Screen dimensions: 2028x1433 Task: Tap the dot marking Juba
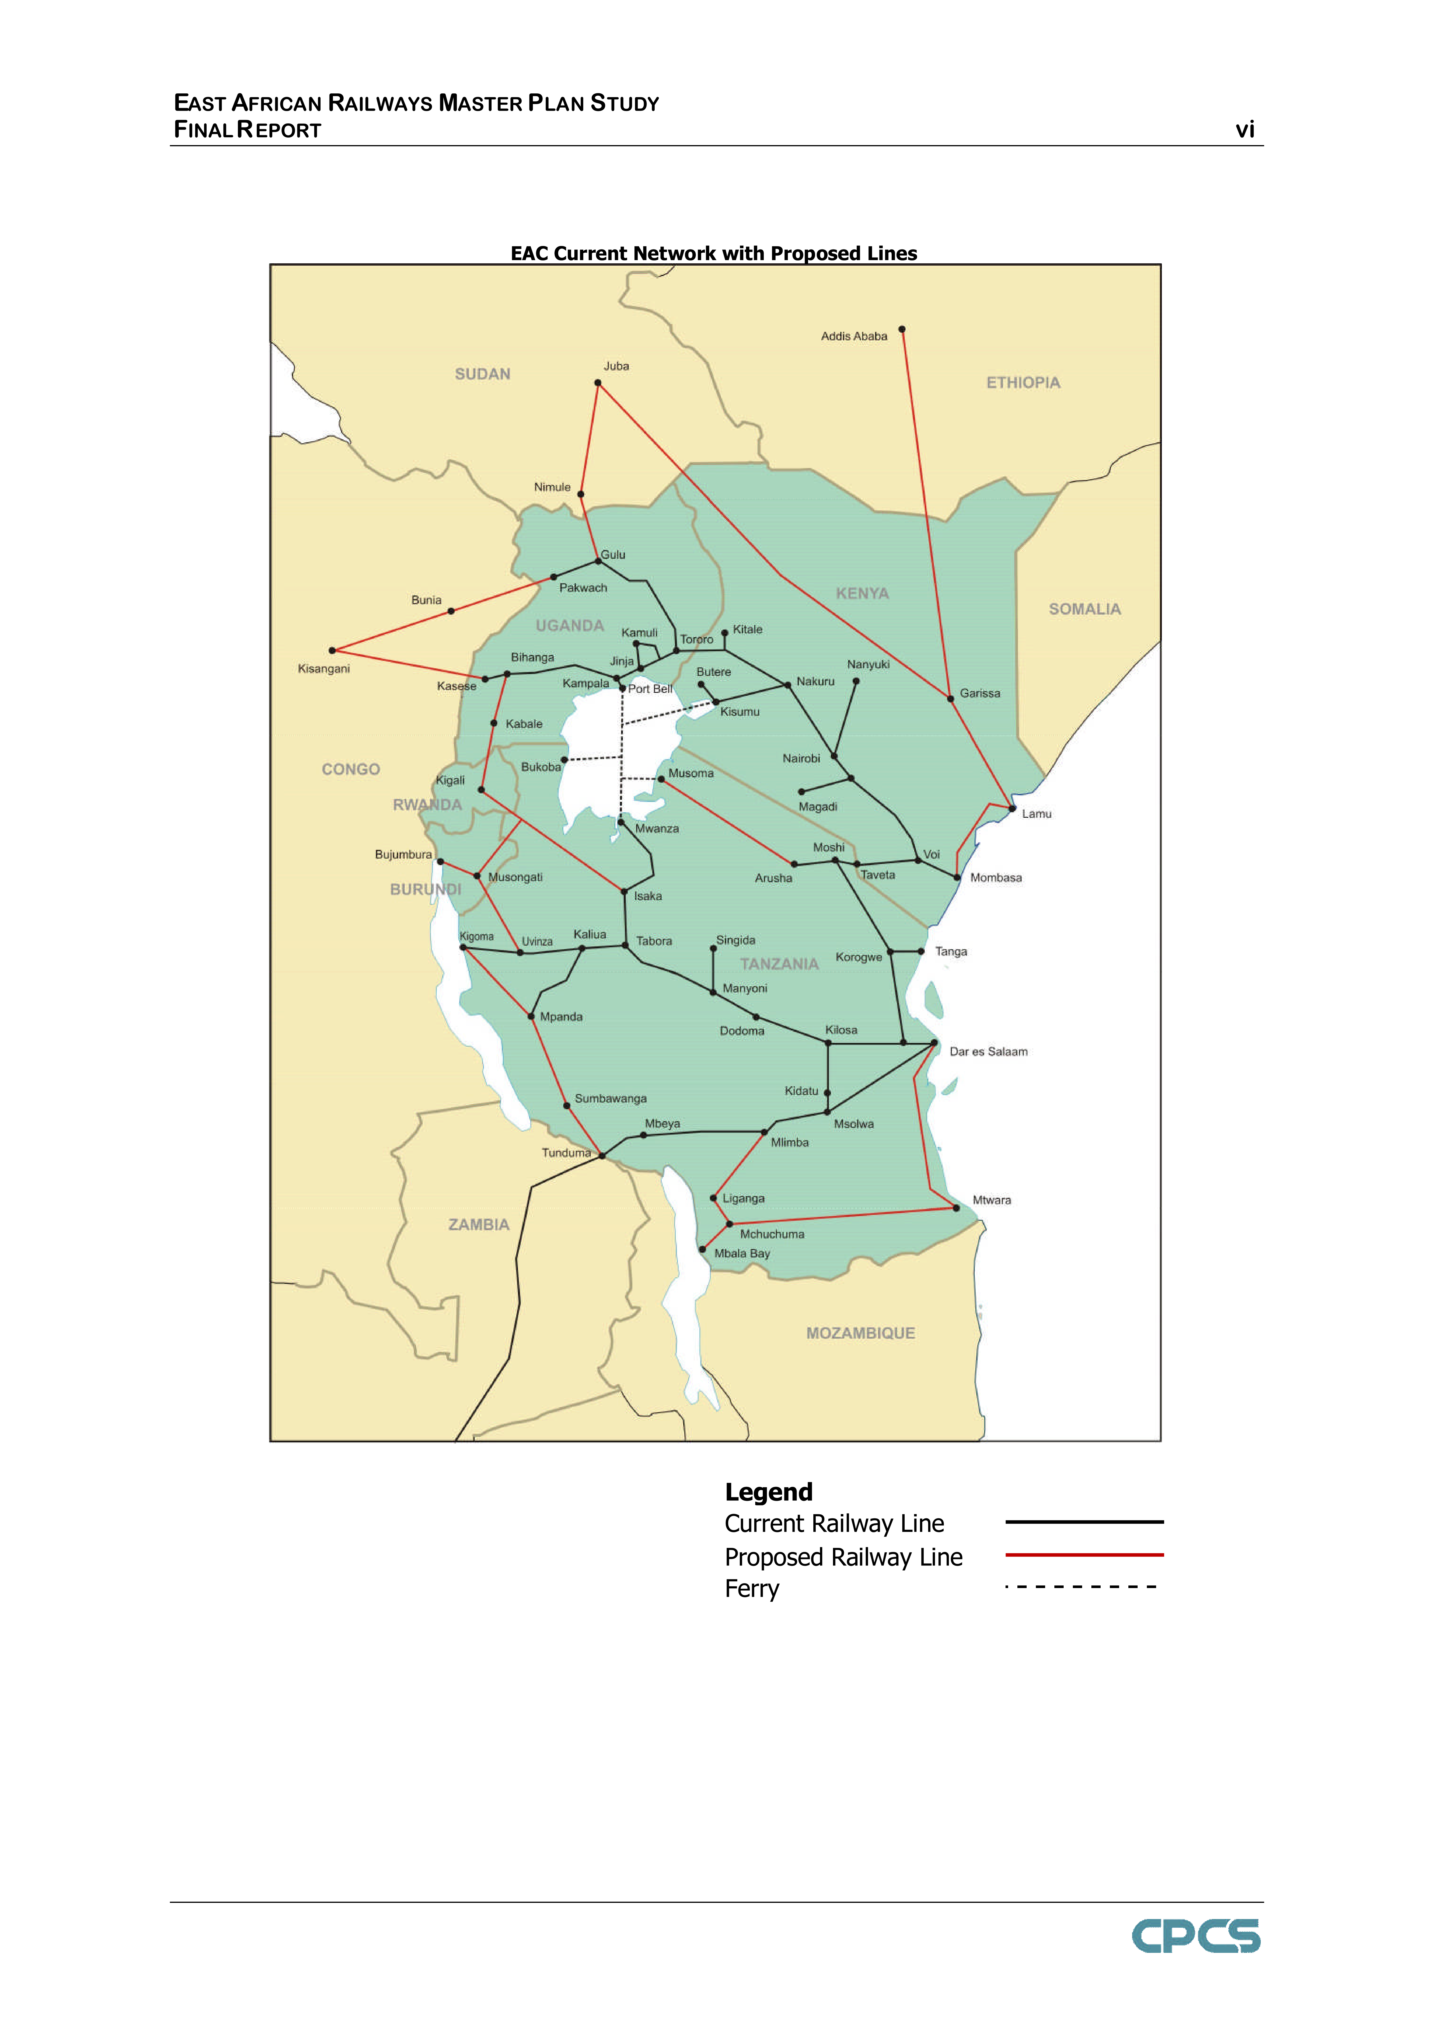(x=598, y=382)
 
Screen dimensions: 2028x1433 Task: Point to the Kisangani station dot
(x=332, y=651)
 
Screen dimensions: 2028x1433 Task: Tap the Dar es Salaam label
(x=988, y=1052)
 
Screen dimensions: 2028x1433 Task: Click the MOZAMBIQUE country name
(x=860, y=1334)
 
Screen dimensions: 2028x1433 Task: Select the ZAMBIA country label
(x=479, y=1225)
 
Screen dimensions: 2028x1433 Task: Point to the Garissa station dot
(x=950, y=699)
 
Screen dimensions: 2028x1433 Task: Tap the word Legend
(x=768, y=1493)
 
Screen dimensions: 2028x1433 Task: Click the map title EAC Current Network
(x=713, y=253)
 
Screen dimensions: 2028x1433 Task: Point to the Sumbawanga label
(x=610, y=1099)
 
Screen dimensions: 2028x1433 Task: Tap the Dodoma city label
(x=742, y=1031)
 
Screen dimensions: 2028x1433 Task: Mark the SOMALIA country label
(x=1084, y=609)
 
